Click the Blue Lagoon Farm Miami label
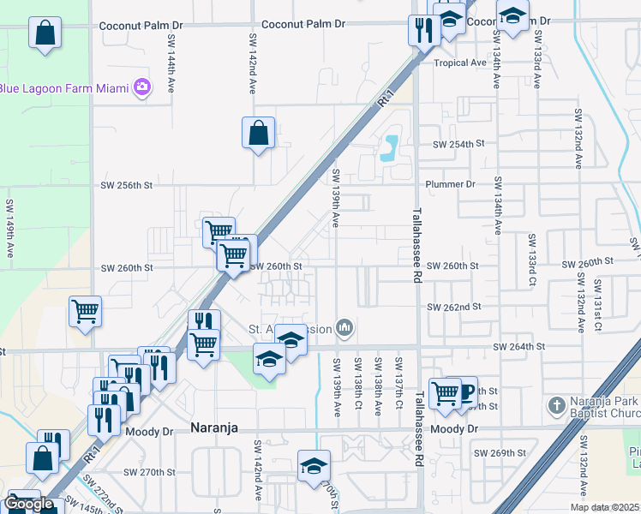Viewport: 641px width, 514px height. pos(64,87)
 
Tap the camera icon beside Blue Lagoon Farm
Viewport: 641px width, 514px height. pos(141,87)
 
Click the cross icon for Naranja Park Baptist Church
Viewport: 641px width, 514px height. pos(556,404)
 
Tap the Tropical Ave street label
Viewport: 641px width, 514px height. pos(459,63)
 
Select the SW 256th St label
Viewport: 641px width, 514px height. pos(126,184)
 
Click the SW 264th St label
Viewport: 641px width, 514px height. pos(519,347)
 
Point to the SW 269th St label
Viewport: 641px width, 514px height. pos(501,453)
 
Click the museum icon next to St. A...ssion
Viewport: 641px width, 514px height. pos(344,327)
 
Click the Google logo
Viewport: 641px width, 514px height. pos(28,504)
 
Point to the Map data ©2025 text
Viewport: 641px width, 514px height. pos(604,507)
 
